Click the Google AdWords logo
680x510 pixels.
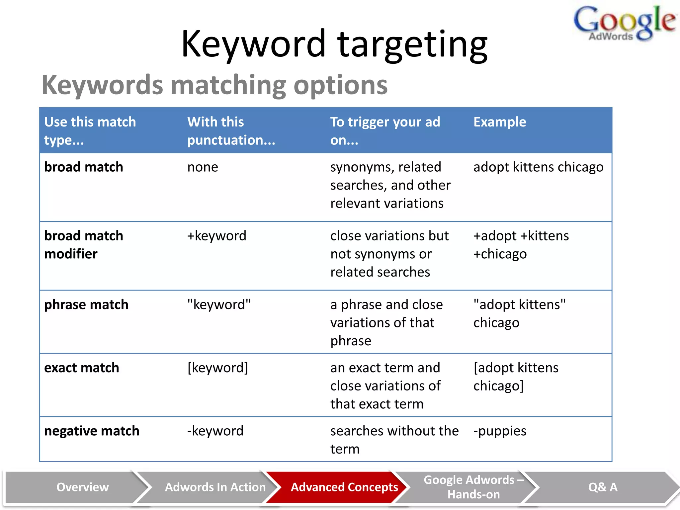tap(624, 23)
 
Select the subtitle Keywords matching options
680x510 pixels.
tap(214, 85)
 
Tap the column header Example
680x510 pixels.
tap(499, 122)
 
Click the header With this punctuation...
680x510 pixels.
tap(231, 131)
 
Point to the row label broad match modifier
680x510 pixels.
tap(84, 245)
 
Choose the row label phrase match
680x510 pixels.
tap(86, 304)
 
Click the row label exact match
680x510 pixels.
tap(81, 368)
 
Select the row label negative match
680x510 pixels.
tap(92, 431)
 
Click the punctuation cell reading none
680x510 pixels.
tap(203, 167)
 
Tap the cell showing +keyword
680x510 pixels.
tap(216, 236)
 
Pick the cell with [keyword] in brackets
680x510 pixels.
tap(217, 368)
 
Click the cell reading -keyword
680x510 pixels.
tap(215, 431)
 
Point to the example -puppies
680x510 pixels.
tap(499, 431)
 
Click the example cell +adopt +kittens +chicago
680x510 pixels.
tap(521, 245)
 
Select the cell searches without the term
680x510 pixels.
tap(394, 440)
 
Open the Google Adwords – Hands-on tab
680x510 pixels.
tap(473, 487)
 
